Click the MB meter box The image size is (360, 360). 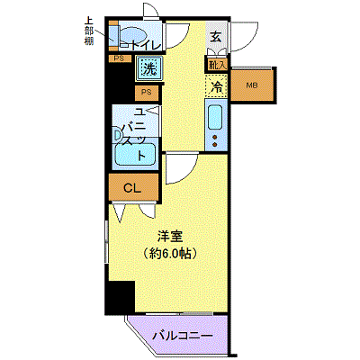tap(252, 85)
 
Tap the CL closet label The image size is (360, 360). tap(131, 187)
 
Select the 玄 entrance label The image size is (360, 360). tap(216, 37)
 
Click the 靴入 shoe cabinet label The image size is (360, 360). tap(216, 65)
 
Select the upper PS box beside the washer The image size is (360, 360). tap(120, 59)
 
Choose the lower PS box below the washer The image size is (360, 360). tap(146, 92)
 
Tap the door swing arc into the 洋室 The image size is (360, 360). tap(178, 167)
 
